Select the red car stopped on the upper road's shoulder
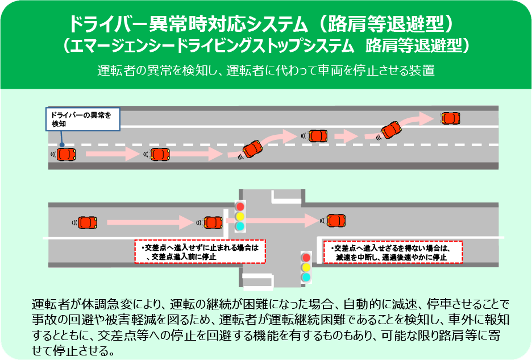point(450,118)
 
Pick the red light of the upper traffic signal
point(240,205)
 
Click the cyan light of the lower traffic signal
point(306,278)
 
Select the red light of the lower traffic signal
point(306,258)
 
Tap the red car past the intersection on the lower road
point(335,220)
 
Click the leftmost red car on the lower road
point(86,222)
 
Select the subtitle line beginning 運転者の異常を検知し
point(266,72)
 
